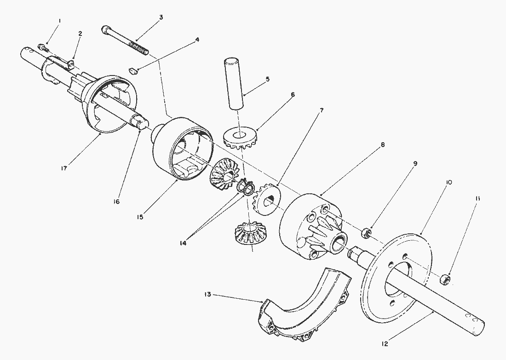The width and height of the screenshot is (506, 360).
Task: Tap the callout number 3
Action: (161, 17)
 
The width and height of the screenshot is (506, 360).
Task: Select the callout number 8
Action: (382, 145)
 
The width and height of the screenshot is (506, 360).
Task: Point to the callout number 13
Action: (207, 294)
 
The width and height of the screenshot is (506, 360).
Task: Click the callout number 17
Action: (64, 168)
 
